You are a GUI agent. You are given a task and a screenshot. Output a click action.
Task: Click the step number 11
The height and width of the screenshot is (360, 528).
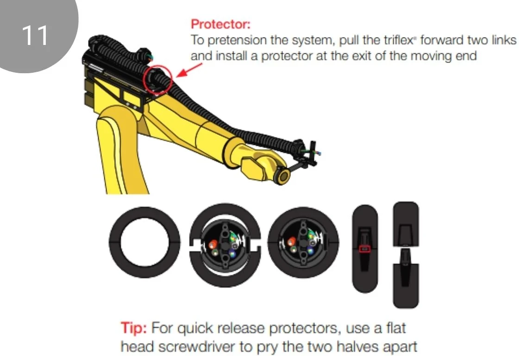coord(35,35)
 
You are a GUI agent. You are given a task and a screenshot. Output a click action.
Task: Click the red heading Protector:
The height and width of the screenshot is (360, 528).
coord(220,24)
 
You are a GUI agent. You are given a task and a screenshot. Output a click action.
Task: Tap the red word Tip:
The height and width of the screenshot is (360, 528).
coord(134,328)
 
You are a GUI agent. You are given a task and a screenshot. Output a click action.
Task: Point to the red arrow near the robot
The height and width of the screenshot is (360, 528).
coord(189,70)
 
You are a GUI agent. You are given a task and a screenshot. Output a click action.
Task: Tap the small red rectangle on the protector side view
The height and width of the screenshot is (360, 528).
coord(365,249)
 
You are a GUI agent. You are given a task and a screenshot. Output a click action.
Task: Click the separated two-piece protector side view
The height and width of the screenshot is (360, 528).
coord(406,254)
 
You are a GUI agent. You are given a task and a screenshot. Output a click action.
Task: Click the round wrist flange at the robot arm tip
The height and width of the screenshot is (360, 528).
coord(283,176)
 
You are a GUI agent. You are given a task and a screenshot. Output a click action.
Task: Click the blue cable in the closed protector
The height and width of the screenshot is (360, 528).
coord(310,251)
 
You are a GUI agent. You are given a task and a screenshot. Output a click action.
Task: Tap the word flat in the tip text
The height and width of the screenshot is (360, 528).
coord(396,328)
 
